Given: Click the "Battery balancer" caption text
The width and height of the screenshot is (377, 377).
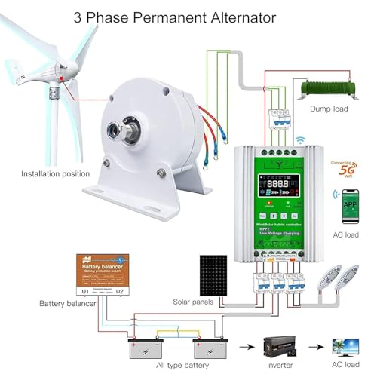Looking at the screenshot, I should [68, 304].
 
